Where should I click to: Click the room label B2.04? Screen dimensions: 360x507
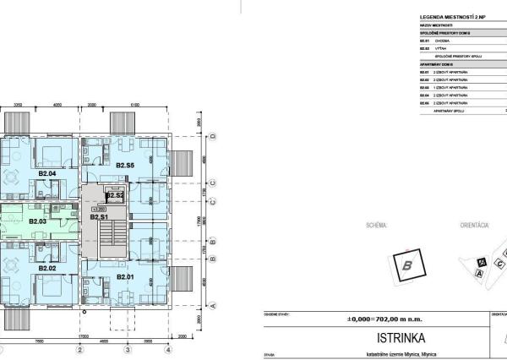[46, 174]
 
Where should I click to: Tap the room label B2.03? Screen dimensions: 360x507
[38, 221]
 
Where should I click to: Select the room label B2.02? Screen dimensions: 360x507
[46, 268]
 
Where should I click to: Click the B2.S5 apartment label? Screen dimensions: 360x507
[125, 165]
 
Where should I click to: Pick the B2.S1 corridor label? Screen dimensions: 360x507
[99, 217]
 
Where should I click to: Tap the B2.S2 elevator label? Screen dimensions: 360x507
[115, 196]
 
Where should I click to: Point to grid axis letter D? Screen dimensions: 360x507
[215, 137]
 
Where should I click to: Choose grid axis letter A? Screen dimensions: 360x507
[215, 305]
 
